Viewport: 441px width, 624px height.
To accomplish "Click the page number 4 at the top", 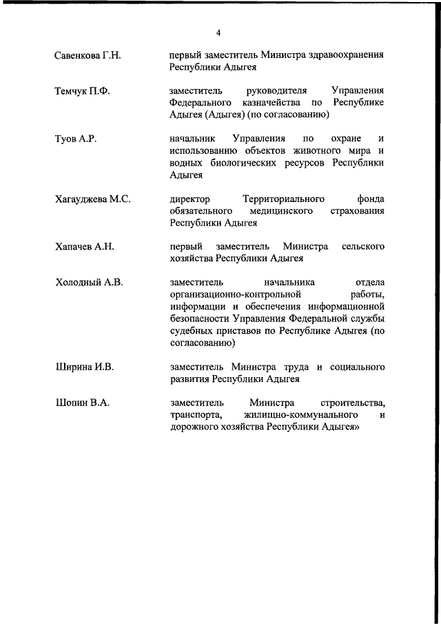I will coord(218,32).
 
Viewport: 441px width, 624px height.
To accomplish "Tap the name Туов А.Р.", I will coord(75,139).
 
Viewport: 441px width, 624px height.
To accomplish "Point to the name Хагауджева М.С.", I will coord(92,199).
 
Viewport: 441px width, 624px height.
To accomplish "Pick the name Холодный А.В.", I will coord(88,283).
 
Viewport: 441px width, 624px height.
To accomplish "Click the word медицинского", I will coord(285,211).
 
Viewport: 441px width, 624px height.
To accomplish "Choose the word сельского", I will coord(363,246).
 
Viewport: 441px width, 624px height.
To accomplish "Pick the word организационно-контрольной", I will coord(236,294).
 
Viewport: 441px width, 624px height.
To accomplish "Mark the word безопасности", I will coord(201,319).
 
